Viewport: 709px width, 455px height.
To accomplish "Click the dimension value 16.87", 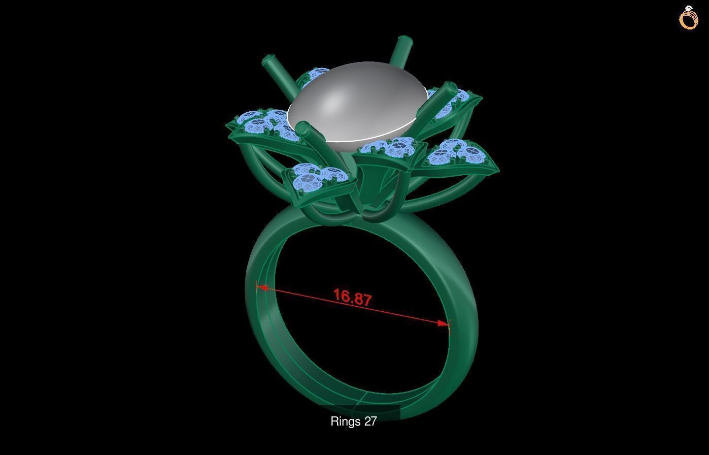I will (353, 297).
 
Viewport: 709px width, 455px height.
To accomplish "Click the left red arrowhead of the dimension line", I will (261, 288).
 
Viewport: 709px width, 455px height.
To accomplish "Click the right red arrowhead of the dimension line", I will (444, 323).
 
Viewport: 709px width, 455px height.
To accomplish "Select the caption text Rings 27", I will (353, 421).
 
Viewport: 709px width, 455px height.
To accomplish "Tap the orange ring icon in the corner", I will (688, 18).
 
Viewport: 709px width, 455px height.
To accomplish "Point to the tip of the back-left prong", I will (267, 62).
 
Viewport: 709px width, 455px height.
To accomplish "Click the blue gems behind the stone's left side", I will (314, 75).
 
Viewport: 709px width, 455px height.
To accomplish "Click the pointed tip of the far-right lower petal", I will (496, 169).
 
